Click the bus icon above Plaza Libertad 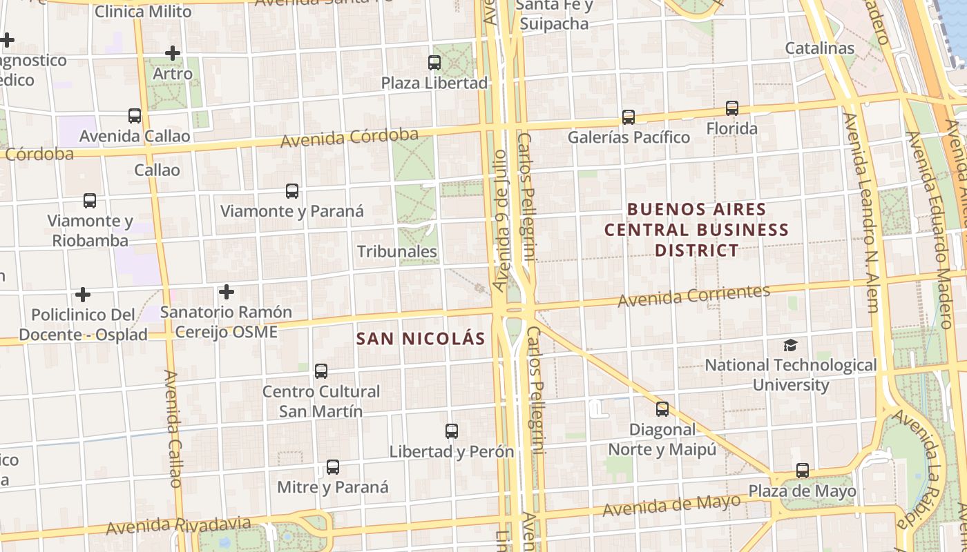pyautogui.click(x=434, y=63)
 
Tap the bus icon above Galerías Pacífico pyautogui.click(x=628, y=117)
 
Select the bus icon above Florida pyautogui.click(x=731, y=108)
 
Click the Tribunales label pyautogui.click(x=397, y=252)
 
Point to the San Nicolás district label pyautogui.click(x=421, y=339)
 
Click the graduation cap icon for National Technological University pyautogui.click(x=790, y=345)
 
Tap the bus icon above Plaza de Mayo pyautogui.click(x=802, y=471)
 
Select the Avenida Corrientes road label pyautogui.click(x=693, y=296)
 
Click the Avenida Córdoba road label pyautogui.click(x=350, y=137)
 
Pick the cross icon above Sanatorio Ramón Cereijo pyautogui.click(x=226, y=292)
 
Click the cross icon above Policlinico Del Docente pyautogui.click(x=83, y=295)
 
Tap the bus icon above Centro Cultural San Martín pyautogui.click(x=321, y=371)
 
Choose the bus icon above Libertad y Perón pyautogui.click(x=452, y=431)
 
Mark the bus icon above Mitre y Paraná pyautogui.click(x=333, y=467)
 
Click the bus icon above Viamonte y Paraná pyautogui.click(x=292, y=191)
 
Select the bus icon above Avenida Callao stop pyautogui.click(x=135, y=116)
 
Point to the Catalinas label pyautogui.click(x=820, y=48)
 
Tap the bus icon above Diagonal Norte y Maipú pyautogui.click(x=662, y=409)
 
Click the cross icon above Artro pyautogui.click(x=173, y=52)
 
